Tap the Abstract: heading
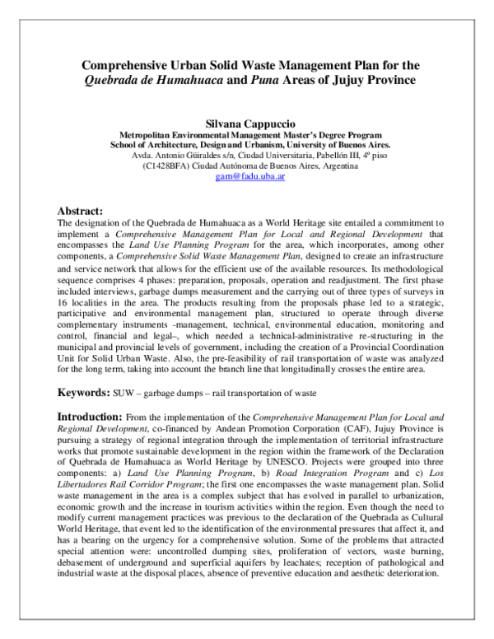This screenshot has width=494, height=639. coord(79,211)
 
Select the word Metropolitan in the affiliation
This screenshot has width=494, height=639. coord(151,134)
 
